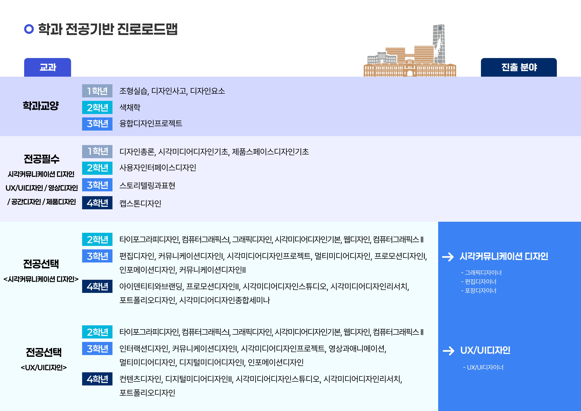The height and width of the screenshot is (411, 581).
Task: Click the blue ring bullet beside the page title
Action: click(x=29, y=29)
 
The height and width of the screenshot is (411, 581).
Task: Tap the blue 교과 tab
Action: click(x=48, y=67)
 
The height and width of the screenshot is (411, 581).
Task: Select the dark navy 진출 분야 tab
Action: click(x=519, y=67)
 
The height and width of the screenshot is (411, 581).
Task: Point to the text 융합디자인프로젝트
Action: click(x=151, y=123)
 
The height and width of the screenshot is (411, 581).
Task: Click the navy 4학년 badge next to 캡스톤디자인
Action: click(x=97, y=203)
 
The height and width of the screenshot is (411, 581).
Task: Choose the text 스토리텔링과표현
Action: click(x=147, y=185)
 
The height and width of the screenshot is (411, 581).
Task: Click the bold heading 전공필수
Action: click(x=42, y=159)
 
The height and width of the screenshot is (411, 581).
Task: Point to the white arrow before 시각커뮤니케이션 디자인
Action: click(x=448, y=257)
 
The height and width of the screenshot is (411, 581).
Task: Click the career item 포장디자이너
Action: click(x=479, y=291)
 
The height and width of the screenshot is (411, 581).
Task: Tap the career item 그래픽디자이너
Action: click(x=481, y=272)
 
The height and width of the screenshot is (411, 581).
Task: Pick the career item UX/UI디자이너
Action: click(x=483, y=367)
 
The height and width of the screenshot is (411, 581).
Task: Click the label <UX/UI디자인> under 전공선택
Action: click(x=44, y=367)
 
